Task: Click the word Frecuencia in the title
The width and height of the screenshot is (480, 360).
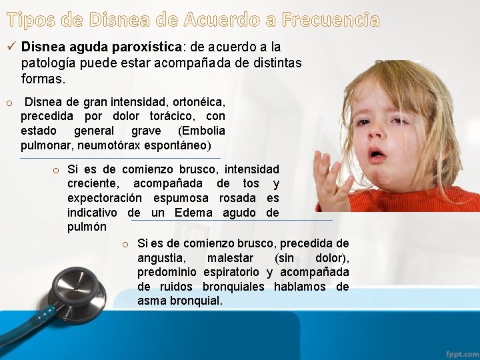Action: pyautogui.click(x=331, y=20)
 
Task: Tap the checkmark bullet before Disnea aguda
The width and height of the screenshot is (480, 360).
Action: pyautogui.click(x=11, y=47)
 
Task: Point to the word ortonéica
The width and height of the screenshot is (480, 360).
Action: pyautogui.click(x=199, y=103)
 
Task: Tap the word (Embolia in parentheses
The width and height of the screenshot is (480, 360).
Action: pyautogui.click(x=203, y=131)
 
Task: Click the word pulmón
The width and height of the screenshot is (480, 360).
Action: pyautogui.click(x=87, y=227)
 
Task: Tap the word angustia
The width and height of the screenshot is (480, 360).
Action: pyautogui.click(x=163, y=258)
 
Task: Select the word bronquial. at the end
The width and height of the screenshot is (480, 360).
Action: pyautogui.click(x=197, y=301)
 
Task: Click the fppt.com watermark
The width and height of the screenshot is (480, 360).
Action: pyautogui.click(x=461, y=353)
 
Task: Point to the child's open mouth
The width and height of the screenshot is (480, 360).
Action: pyautogui.click(x=377, y=155)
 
